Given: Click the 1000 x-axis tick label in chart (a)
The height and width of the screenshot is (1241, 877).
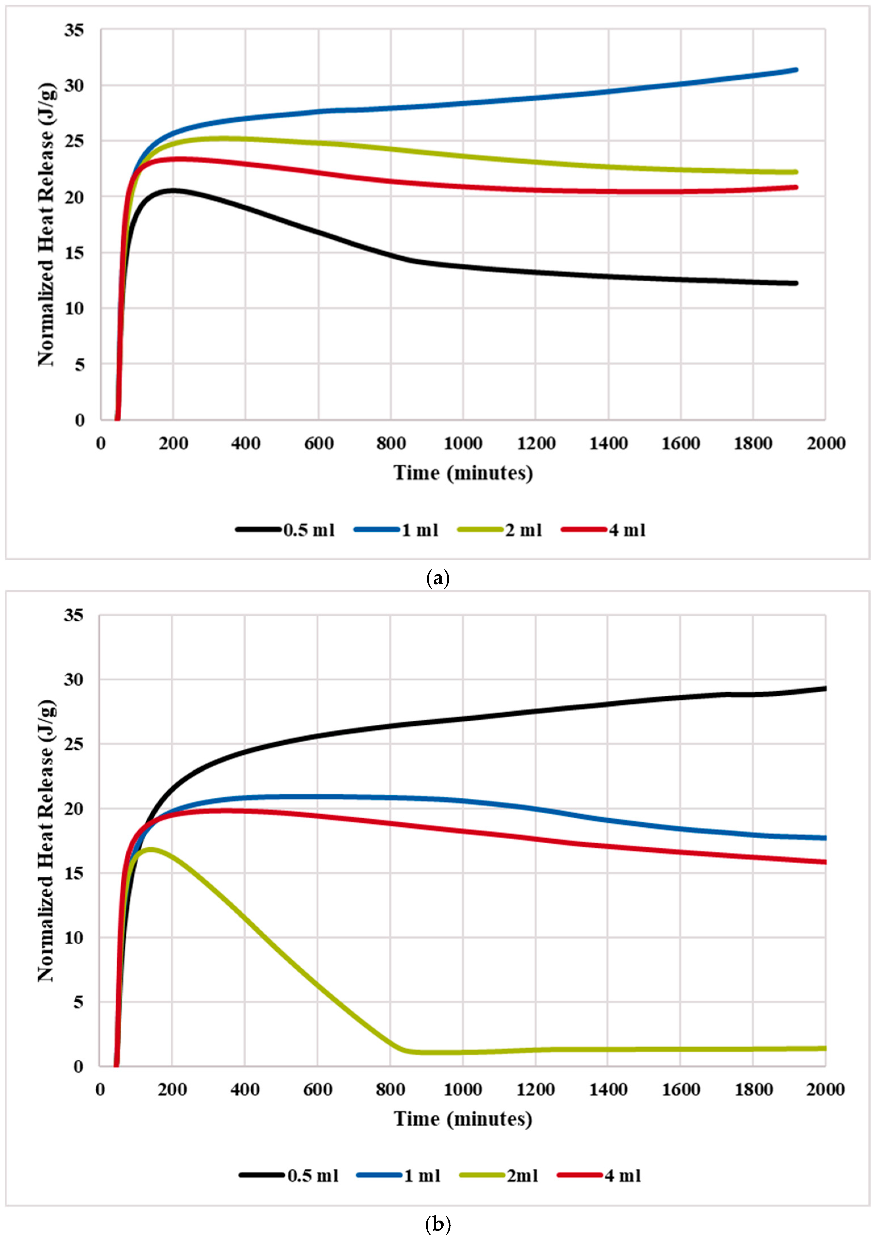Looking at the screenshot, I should point(463,444).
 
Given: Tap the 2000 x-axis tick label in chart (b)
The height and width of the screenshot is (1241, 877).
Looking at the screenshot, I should point(825,1089).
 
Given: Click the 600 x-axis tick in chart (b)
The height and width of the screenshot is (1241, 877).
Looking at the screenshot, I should point(318,1089).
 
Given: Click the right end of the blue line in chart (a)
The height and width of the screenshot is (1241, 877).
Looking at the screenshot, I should point(795,70).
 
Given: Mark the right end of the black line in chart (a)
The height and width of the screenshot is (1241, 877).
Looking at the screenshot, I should point(795,283).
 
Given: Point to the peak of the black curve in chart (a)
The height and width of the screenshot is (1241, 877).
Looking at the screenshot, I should point(173,190).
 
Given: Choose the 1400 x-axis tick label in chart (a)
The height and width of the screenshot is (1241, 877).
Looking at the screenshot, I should point(608,444).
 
